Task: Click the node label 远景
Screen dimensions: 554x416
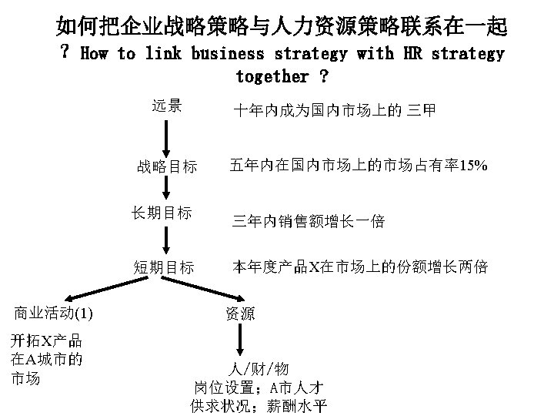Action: point(166,106)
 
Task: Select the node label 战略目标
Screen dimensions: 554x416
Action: point(166,166)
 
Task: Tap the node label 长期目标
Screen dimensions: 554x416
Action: point(162,213)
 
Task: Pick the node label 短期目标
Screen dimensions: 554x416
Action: point(163,267)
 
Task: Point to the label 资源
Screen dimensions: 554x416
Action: point(240,313)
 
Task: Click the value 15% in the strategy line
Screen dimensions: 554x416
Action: point(472,166)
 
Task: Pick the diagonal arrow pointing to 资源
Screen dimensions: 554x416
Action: point(208,291)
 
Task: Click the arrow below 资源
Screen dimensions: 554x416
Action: point(242,339)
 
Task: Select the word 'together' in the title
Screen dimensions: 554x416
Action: point(272,77)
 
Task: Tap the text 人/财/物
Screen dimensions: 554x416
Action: point(259,368)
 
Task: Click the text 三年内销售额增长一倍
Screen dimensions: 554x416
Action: point(308,222)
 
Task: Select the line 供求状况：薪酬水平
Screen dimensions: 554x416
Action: point(259,405)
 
